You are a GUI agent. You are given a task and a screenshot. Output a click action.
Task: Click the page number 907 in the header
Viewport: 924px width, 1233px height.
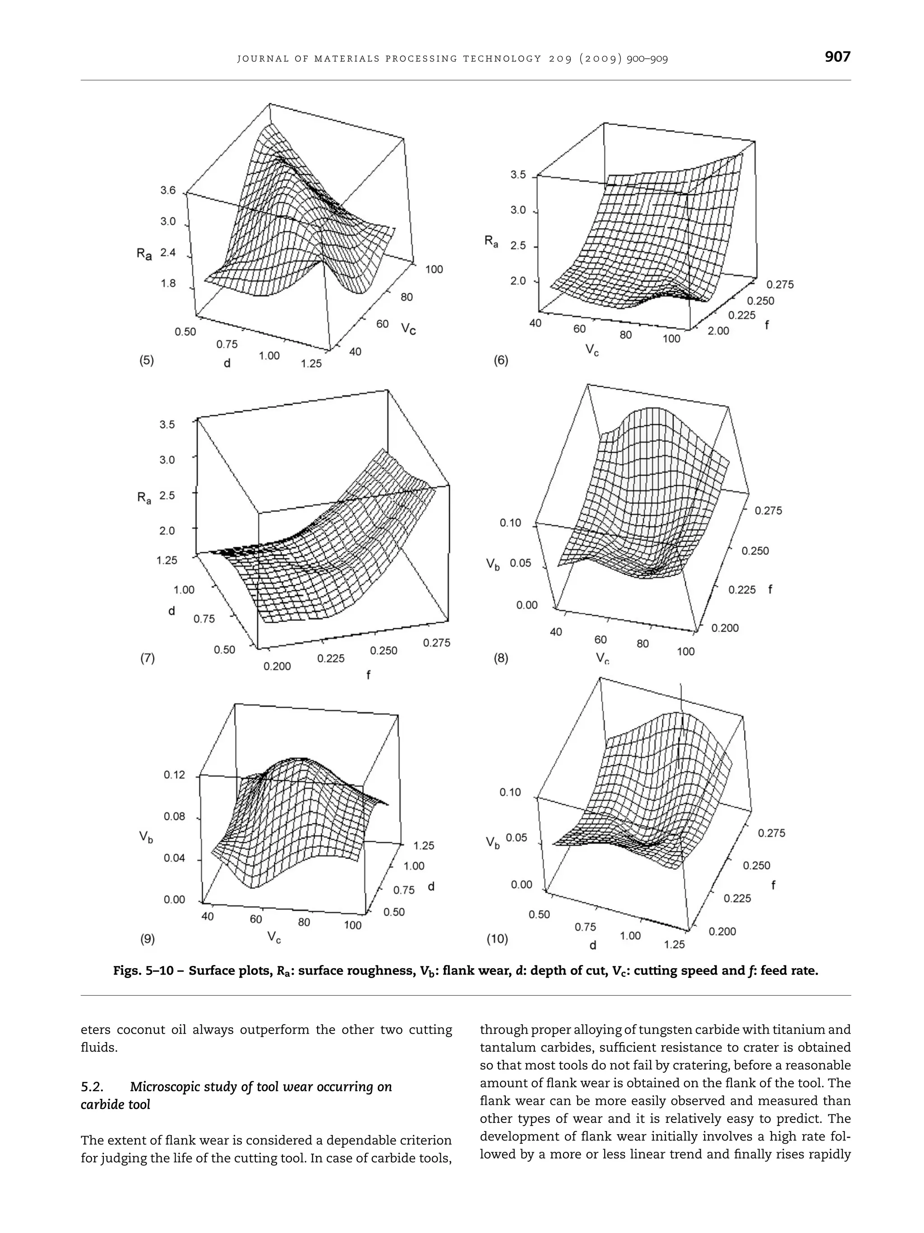click(x=837, y=57)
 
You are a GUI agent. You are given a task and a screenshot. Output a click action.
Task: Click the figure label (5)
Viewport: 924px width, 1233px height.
click(x=146, y=360)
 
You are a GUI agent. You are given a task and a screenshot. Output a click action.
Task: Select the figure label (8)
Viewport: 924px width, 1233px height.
click(x=500, y=658)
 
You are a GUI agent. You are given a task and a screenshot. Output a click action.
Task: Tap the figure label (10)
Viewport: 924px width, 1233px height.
click(x=497, y=939)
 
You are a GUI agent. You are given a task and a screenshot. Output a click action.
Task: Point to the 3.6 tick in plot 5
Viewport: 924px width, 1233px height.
click(x=168, y=191)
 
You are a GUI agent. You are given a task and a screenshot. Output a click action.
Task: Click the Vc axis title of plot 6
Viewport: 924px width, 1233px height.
click(x=591, y=350)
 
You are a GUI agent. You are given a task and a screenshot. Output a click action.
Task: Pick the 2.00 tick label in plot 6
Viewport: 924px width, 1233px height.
click(x=718, y=331)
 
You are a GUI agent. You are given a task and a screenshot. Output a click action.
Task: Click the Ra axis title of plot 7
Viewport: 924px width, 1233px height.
click(x=144, y=497)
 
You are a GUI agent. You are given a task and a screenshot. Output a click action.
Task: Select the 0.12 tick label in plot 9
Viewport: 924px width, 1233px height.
click(x=174, y=775)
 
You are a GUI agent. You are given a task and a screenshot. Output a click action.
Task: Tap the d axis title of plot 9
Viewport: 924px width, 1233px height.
click(x=431, y=886)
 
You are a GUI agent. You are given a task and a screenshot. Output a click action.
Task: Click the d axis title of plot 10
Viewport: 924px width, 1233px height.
click(x=592, y=945)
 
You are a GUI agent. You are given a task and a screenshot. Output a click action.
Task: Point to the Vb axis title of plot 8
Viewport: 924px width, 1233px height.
click(x=493, y=564)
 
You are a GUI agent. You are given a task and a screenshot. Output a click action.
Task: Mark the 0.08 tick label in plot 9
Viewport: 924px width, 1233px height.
click(x=174, y=817)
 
